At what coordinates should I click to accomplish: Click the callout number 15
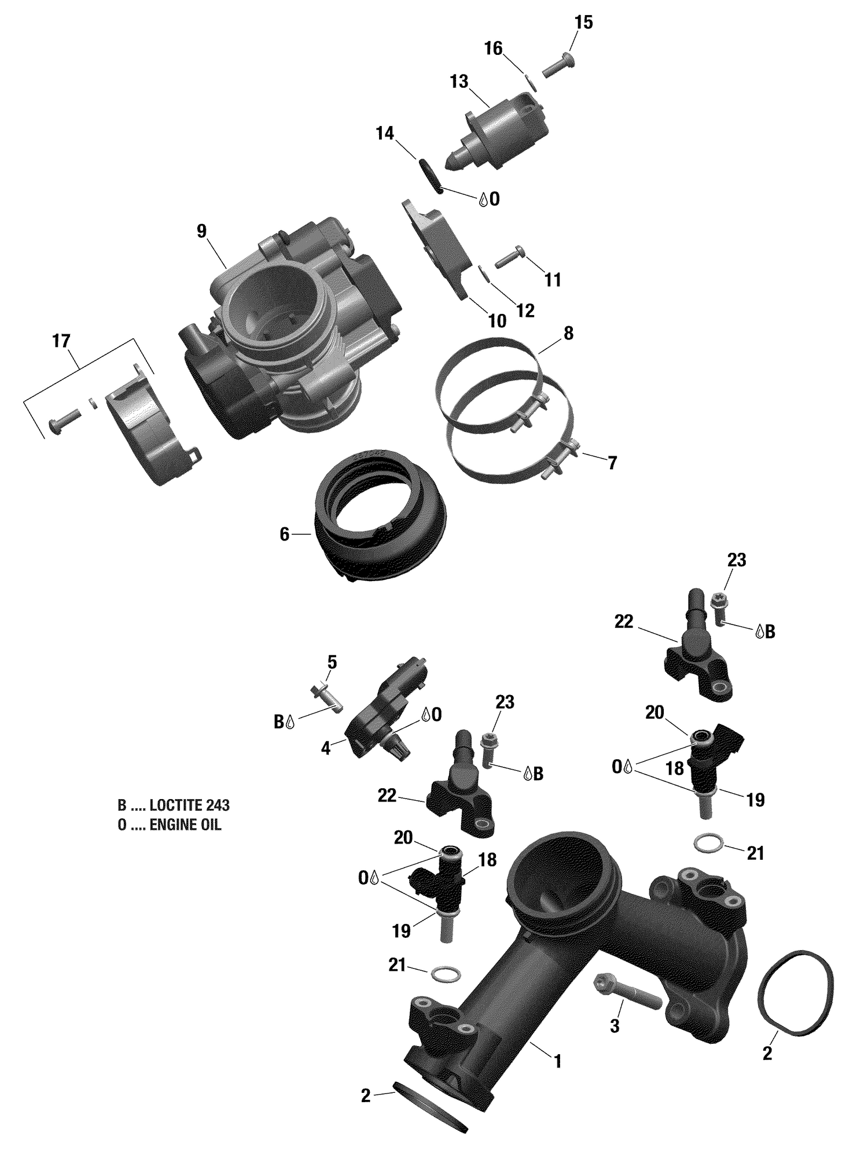pyautogui.click(x=583, y=23)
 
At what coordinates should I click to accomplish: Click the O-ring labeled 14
pyautogui.click(x=432, y=177)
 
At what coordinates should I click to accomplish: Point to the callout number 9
pyautogui.click(x=201, y=231)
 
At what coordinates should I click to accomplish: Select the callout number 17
pyautogui.click(x=61, y=341)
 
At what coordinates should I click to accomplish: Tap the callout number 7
pyautogui.click(x=612, y=463)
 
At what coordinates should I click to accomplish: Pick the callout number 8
pyautogui.click(x=568, y=333)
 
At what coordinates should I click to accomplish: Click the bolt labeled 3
pyautogui.click(x=627, y=995)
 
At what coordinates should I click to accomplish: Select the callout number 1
pyautogui.click(x=558, y=1062)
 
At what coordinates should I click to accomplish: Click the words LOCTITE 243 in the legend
pyautogui.click(x=189, y=805)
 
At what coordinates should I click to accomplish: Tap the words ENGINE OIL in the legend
pyautogui.click(x=185, y=825)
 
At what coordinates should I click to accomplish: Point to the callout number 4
pyautogui.click(x=326, y=748)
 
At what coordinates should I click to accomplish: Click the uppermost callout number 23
pyautogui.click(x=737, y=560)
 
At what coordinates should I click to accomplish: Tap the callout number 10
pyautogui.click(x=497, y=321)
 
